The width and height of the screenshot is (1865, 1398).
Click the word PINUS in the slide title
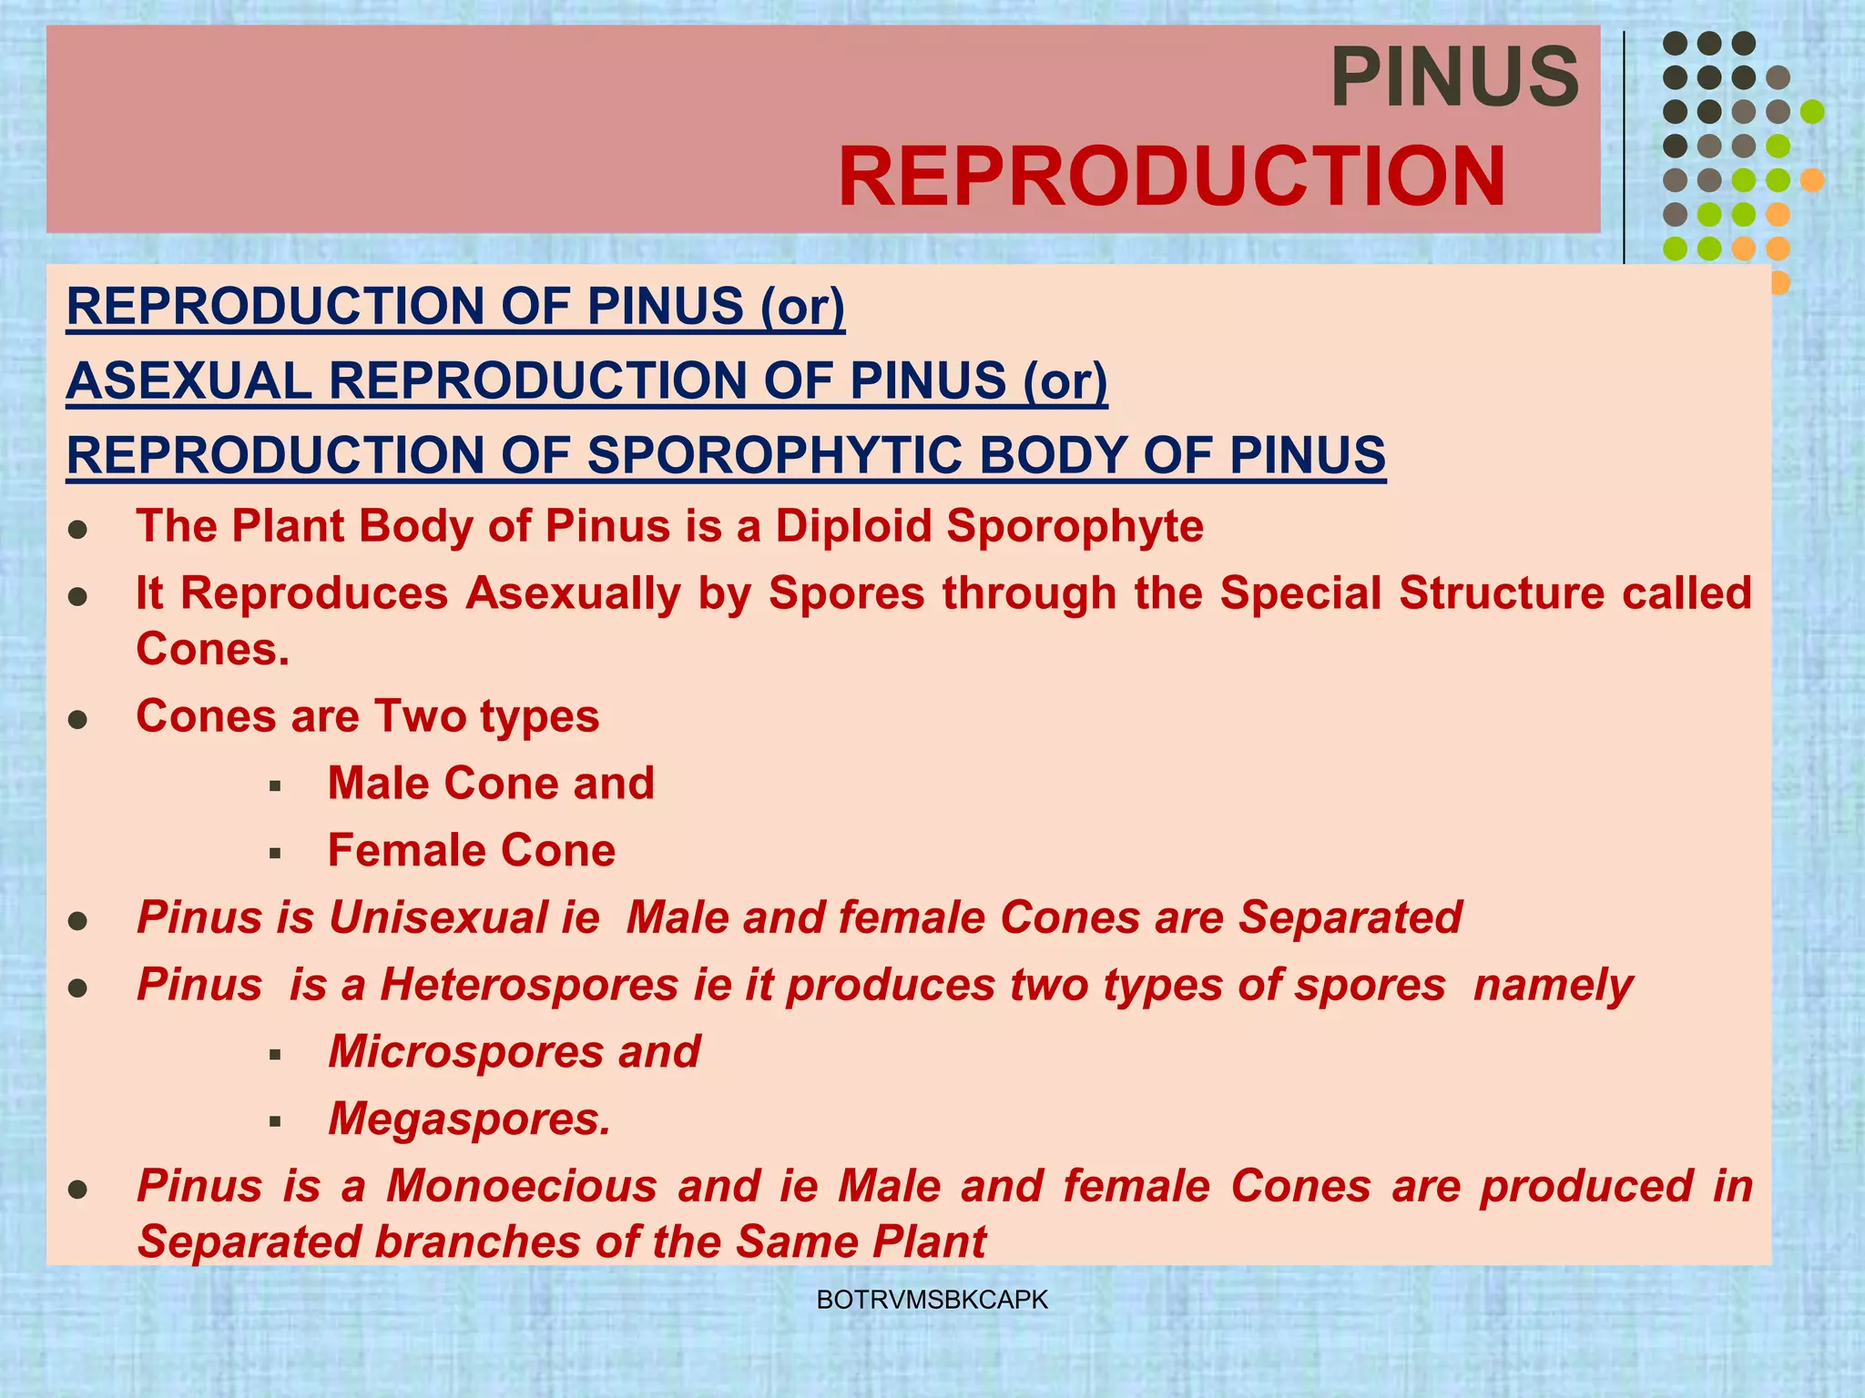tap(1454, 78)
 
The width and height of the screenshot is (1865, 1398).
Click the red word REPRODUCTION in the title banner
tap(1171, 178)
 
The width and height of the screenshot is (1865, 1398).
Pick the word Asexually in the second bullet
tap(573, 593)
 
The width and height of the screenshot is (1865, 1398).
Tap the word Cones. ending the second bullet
tap(212, 650)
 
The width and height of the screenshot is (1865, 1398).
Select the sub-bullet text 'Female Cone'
tap(471, 851)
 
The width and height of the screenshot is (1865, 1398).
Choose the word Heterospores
tap(529, 985)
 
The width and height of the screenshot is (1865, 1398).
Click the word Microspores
tap(464, 1052)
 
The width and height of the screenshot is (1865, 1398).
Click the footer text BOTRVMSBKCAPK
tap(932, 1300)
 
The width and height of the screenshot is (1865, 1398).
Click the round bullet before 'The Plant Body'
tap(78, 530)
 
